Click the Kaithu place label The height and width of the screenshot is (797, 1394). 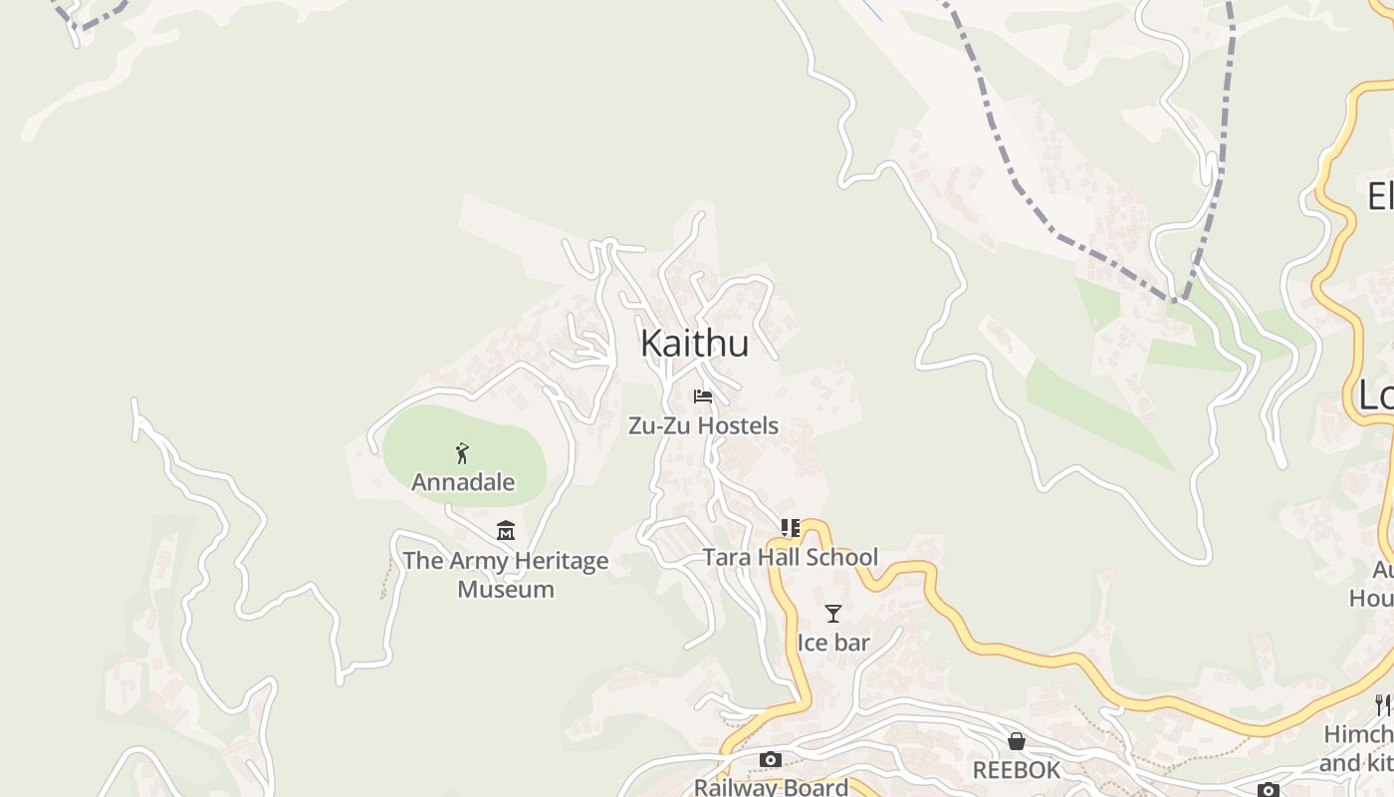coord(694,343)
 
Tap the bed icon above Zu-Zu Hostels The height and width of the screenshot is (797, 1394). coord(703,397)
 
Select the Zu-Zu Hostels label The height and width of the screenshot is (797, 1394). coord(703,425)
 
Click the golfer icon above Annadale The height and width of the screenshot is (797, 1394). coord(462,454)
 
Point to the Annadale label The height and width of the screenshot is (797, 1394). coord(463,482)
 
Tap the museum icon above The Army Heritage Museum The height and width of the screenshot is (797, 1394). coord(506,531)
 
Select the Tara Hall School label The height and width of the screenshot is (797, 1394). coord(791,557)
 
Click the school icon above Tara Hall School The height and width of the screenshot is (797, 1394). coord(791,528)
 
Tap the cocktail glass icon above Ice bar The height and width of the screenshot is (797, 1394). coord(833,614)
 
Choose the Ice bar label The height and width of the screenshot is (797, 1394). coord(833,643)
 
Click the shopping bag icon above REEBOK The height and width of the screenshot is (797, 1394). coord(1017,741)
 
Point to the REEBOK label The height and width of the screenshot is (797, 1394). coord(1017,770)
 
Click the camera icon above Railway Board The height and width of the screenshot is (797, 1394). coord(771,759)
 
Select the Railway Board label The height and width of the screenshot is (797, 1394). coord(771,787)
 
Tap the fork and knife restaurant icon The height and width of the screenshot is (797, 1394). coord(1383,705)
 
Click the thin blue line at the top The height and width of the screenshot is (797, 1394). coord(872,10)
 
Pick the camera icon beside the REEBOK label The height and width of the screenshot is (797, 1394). coord(1268,790)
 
